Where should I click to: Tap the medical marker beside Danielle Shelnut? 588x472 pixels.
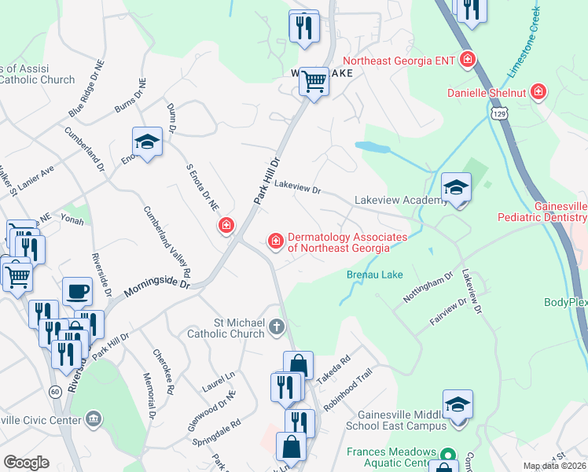point(539,93)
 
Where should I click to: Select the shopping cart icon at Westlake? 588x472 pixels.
point(314,81)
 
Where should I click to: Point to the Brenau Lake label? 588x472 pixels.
point(373,275)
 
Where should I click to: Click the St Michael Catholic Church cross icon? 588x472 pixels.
point(276,326)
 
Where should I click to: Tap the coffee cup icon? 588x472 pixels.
point(77,291)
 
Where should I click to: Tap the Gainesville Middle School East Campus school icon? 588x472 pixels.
point(457,405)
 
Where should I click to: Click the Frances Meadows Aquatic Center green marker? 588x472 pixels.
point(447,455)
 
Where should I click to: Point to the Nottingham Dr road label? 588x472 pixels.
point(439,288)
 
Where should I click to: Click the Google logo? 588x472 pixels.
point(26,462)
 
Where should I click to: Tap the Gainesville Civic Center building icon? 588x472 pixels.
point(94,419)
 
